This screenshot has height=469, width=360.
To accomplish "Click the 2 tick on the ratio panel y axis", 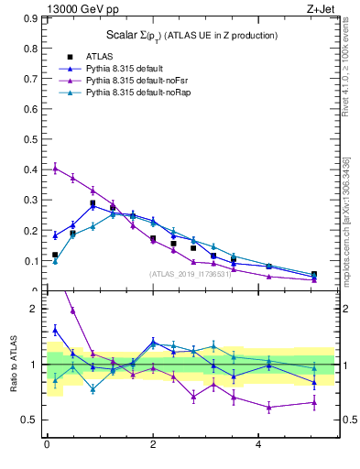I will (x=38, y=309).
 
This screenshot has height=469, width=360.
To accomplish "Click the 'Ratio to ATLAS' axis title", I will (x=13, y=365).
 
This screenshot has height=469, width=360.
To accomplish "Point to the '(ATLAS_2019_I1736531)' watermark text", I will (x=190, y=274).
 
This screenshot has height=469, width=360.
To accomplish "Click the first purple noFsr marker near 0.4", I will (x=55, y=169).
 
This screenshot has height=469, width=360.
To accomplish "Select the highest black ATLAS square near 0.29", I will (x=93, y=203).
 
